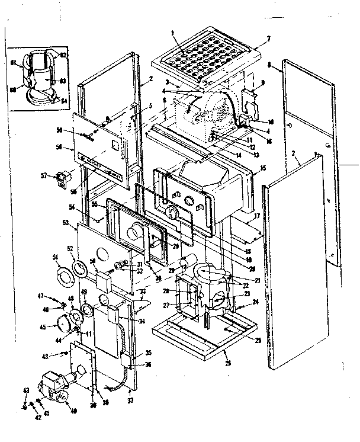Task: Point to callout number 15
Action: [x=262, y=168]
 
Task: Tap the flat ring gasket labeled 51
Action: [x=63, y=277]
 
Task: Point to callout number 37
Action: [x=130, y=401]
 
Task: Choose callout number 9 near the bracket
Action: [x=263, y=82]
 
